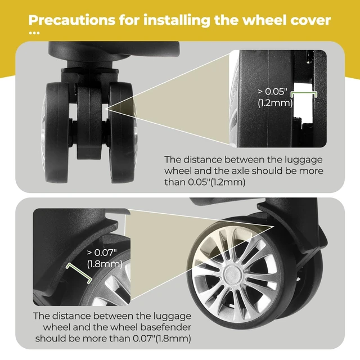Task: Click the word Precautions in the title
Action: coord(71,20)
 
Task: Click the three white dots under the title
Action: coord(34,33)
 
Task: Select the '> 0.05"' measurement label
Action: coord(272,91)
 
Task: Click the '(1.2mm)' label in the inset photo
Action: coord(275,102)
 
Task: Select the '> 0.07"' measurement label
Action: coord(102,253)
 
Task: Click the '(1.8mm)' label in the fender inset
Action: coord(105,264)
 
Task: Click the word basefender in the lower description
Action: coord(165,327)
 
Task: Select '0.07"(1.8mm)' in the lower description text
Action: coord(161,339)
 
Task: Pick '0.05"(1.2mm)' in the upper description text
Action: coord(217,182)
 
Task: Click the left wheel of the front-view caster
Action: coord(56,133)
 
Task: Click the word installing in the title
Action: coord(177,20)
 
